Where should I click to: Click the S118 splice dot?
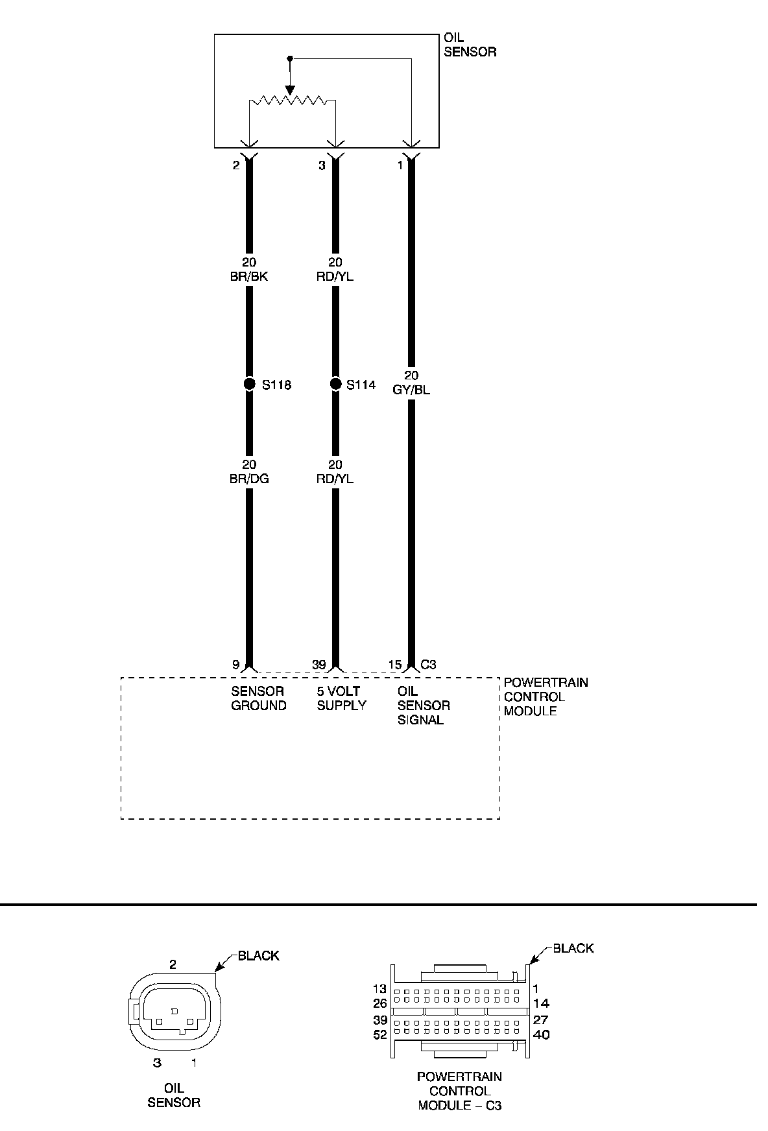pyautogui.click(x=249, y=385)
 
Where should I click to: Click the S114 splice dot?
pyautogui.click(x=335, y=385)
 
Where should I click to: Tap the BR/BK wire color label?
pyautogui.click(x=249, y=277)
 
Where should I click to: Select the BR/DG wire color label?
pyautogui.click(x=249, y=479)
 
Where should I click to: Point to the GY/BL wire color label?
pyautogui.click(x=411, y=390)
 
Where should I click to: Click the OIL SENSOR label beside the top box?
pyautogui.click(x=470, y=45)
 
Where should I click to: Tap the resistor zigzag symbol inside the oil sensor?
pyautogui.click(x=292, y=101)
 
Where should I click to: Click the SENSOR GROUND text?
pyautogui.click(x=258, y=698)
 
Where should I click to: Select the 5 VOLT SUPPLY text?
pyautogui.click(x=341, y=698)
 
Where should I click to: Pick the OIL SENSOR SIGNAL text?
pyautogui.click(x=423, y=706)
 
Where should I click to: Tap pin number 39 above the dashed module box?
pyautogui.click(x=318, y=665)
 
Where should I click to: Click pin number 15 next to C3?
pyautogui.click(x=395, y=665)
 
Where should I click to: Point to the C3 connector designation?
pyautogui.click(x=428, y=665)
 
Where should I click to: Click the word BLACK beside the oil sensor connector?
pyautogui.click(x=258, y=955)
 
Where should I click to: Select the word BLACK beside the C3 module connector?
pyautogui.click(x=573, y=948)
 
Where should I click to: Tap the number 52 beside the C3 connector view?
pyautogui.click(x=380, y=1035)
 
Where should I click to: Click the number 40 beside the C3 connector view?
pyautogui.click(x=541, y=1035)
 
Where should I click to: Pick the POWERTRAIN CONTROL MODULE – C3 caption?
pyautogui.click(x=459, y=1091)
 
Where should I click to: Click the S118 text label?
pyautogui.click(x=276, y=385)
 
